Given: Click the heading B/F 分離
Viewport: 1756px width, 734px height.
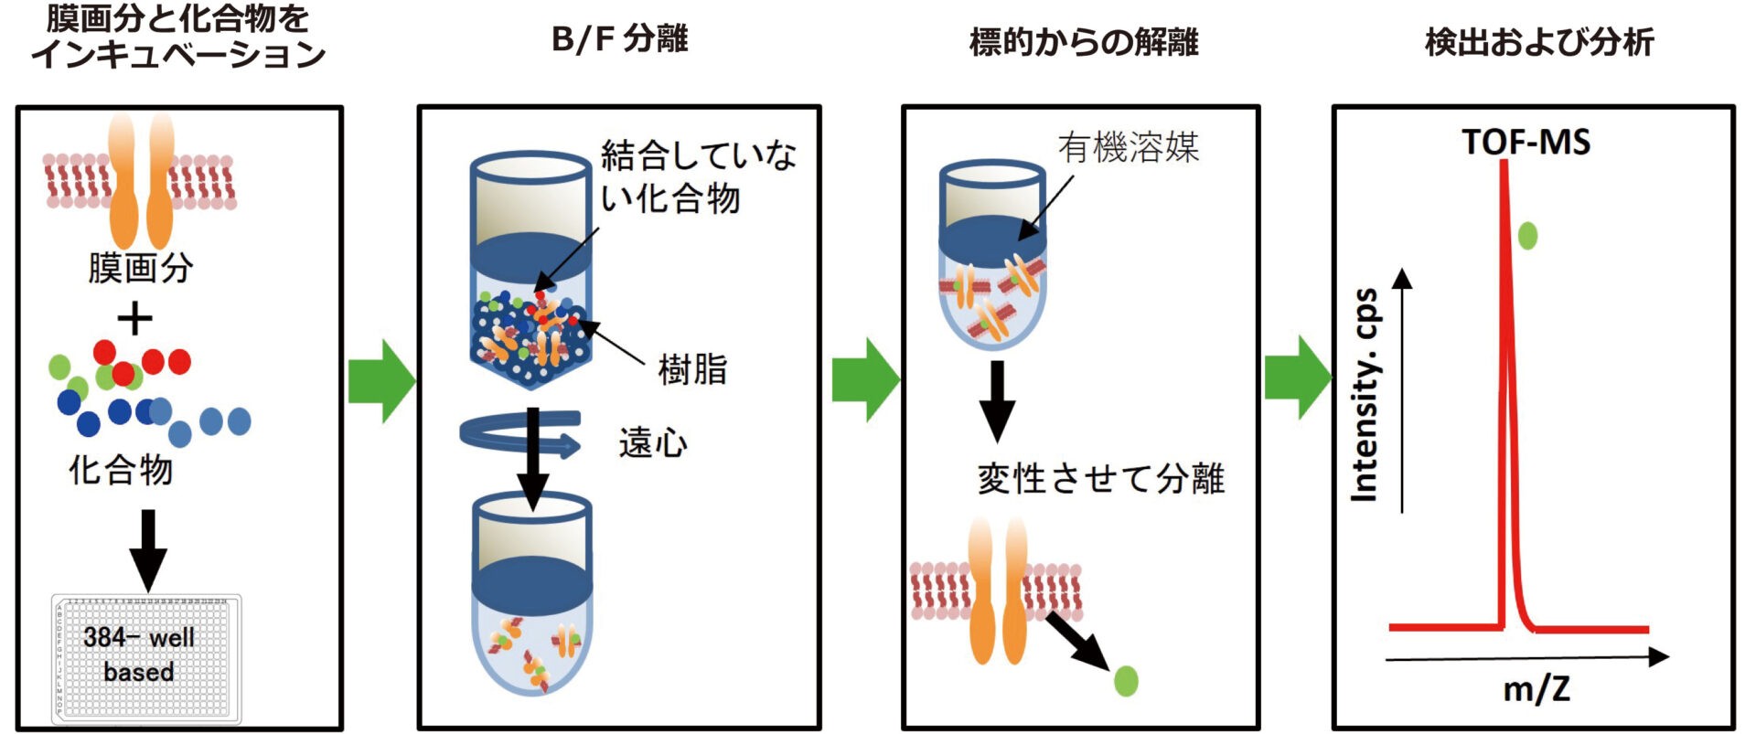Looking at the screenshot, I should tap(619, 40).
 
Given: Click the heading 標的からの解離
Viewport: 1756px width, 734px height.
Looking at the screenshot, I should tap(1084, 42).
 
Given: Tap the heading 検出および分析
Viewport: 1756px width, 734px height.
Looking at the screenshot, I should tap(1539, 42).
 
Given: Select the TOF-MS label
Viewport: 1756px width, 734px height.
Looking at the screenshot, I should tap(1526, 143).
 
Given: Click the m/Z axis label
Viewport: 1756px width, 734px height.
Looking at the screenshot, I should tap(1536, 689).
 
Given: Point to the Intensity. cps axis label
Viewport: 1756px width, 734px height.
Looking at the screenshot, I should tap(1365, 395).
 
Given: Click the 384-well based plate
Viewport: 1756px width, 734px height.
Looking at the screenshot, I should tap(146, 658).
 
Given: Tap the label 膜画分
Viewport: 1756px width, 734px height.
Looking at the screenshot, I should tap(140, 269).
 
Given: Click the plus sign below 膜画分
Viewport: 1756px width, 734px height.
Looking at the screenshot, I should tap(135, 320).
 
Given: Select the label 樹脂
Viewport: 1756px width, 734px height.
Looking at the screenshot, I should tap(692, 370).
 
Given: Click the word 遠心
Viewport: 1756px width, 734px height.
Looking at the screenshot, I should tap(652, 443).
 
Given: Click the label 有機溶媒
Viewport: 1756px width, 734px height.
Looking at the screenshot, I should tap(1128, 147).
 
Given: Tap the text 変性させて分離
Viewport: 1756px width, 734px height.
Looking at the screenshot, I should tap(1101, 479).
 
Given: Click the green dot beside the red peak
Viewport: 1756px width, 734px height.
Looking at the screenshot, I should tap(1527, 236).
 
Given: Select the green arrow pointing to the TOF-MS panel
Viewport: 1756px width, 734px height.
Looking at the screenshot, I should tap(1297, 378).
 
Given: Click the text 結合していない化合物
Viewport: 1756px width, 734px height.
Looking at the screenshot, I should tap(698, 177).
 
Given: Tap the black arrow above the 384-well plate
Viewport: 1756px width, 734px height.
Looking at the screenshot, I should tap(147, 548).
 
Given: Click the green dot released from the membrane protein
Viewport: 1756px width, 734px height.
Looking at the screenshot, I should tap(1126, 681).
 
